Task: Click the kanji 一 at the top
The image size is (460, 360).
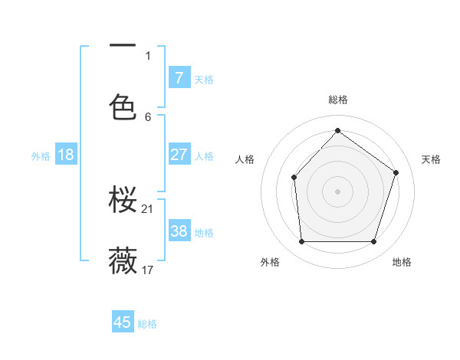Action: (x=123, y=47)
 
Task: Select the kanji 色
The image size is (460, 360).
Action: (x=123, y=107)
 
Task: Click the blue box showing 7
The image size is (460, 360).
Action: (x=179, y=78)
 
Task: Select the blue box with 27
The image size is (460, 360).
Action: (x=179, y=155)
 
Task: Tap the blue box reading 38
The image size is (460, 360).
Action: (x=179, y=231)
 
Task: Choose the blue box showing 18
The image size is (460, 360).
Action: (x=66, y=155)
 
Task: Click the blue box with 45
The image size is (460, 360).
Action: (x=123, y=322)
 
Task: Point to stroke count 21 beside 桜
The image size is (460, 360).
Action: (x=149, y=208)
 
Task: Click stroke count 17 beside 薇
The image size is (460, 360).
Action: (x=149, y=270)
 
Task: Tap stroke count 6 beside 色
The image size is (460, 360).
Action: (x=148, y=116)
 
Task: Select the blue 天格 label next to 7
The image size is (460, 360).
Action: (x=204, y=79)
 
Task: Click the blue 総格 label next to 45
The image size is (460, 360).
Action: (x=147, y=324)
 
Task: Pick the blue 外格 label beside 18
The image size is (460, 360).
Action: (x=41, y=155)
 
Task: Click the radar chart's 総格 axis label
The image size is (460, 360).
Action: (x=337, y=100)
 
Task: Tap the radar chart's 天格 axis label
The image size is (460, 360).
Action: (x=431, y=159)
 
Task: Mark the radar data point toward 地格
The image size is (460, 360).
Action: (x=374, y=242)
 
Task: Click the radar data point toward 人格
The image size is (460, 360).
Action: (x=294, y=177)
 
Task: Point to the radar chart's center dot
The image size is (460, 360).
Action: (x=337, y=191)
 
